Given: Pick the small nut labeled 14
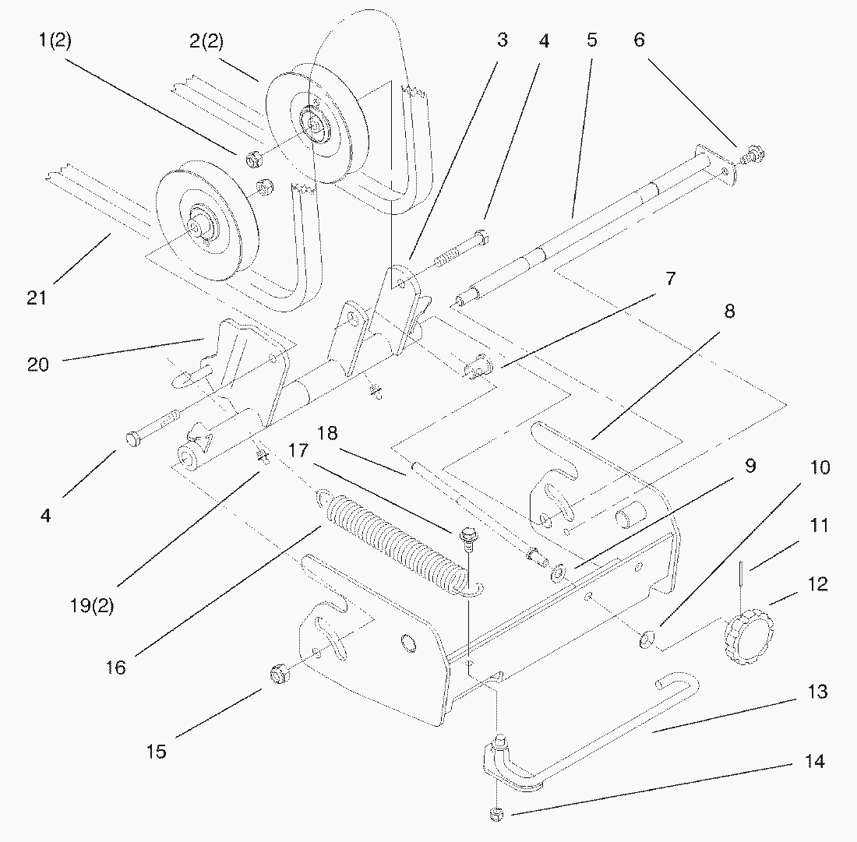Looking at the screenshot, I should click(496, 815).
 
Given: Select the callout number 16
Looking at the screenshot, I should click(115, 668).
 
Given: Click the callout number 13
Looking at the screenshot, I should click(817, 692).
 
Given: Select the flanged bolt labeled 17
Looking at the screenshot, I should click(467, 537).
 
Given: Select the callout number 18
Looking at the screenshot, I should click(328, 433).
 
